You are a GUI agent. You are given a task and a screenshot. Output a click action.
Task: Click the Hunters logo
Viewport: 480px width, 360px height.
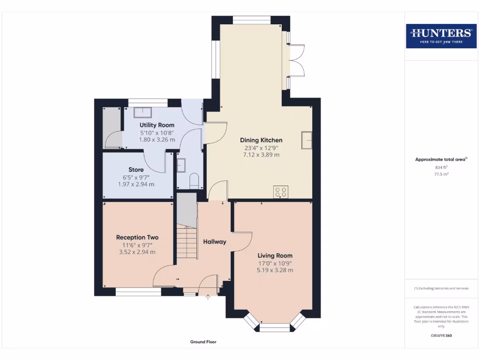click(x=441, y=36)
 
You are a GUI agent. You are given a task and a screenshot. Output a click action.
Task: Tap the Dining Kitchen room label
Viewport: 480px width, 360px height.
click(x=261, y=140)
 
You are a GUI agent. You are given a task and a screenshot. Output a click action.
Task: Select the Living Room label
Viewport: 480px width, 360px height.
click(x=275, y=255)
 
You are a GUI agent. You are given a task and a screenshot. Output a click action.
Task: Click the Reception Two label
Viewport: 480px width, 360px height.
click(x=137, y=237)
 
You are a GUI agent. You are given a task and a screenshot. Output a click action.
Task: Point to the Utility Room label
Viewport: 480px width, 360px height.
click(x=157, y=125)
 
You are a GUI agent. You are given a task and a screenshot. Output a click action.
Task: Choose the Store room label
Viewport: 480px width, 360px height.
click(x=136, y=170)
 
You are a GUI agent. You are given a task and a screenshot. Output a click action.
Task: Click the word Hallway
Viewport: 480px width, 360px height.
click(x=215, y=242)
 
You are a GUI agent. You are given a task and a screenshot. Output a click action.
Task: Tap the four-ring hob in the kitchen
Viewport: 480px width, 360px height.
click(x=281, y=192)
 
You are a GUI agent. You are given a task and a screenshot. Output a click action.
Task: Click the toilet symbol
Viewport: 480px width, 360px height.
click(x=195, y=180)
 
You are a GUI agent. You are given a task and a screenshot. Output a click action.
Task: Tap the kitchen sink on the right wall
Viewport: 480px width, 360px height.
click(x=307, y=140)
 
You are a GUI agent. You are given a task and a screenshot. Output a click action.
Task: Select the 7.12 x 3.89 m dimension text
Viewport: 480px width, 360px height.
click(x=261, y=155)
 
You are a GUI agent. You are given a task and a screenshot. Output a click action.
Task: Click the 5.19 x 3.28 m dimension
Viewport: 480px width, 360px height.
click(x=275, y=270)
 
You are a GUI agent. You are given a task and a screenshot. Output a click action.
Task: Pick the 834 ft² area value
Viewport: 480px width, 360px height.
click(x=441, y=167)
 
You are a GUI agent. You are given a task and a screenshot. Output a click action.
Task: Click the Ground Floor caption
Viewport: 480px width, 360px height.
click(x=203, y=342)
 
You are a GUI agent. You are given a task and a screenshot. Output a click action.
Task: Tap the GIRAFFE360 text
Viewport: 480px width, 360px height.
click(x=441, y=336)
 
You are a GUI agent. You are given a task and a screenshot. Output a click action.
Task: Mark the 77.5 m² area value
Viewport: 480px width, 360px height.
click(x=441, y=174)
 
